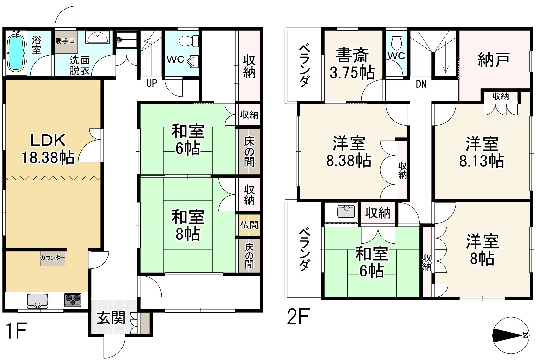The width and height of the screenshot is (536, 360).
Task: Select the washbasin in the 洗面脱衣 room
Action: [x=98, y=37]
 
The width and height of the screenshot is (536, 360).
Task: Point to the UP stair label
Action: [x=152, y=83]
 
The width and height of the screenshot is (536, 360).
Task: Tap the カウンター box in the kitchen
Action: [x=53, y=258]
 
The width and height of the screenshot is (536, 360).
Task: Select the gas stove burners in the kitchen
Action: [x=73, y=300]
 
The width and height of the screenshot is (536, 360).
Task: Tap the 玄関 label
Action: [x=111, y=318]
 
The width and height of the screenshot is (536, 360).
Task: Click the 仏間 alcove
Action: [x=249, y=225]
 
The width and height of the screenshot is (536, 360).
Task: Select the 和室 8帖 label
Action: [x=188, y=225]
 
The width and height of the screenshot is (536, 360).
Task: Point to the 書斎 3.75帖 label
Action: [x=352, y=64]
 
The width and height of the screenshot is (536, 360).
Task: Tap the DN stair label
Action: [x=421, y=84]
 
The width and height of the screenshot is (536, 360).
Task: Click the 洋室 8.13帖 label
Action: [x=482, y=152]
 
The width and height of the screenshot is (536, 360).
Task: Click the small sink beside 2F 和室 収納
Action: [x=346, y=212]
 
